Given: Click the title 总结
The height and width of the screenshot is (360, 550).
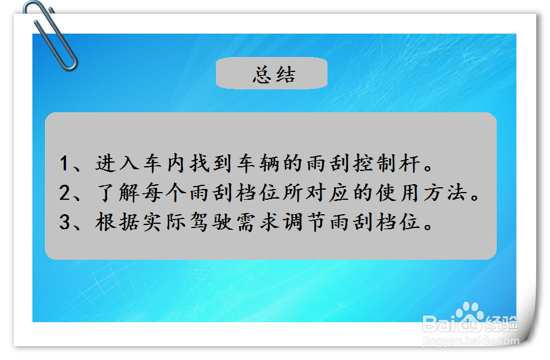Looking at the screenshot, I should [274, 75].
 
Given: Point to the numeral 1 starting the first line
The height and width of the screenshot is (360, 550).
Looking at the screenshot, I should [65, 163].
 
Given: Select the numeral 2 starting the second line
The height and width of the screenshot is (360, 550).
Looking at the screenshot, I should [65, 193].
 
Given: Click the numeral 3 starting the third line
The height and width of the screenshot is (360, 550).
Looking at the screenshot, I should [65, 223].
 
